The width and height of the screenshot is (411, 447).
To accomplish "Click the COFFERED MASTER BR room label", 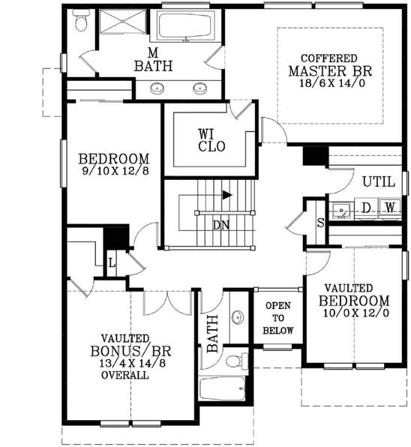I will pos(331,70).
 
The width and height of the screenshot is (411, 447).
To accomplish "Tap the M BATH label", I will pos(153,59).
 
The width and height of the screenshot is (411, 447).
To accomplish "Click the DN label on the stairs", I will pos(220,224).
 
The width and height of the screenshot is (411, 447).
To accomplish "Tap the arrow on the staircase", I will pos(224,196).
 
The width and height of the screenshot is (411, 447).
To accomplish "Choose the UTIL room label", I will pos(378,181).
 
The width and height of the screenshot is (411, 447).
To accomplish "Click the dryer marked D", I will pos(367,206).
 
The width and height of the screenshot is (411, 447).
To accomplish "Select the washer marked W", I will pos(389,206).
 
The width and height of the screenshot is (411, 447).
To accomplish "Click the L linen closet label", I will pos(111,263).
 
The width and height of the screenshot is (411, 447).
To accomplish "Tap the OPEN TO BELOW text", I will pos(278,318).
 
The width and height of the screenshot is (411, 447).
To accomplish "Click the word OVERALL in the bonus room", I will pos(124,375).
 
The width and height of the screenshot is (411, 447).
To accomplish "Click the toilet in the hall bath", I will pos(235,361).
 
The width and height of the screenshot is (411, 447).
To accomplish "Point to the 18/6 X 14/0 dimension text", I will pos(331,85).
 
